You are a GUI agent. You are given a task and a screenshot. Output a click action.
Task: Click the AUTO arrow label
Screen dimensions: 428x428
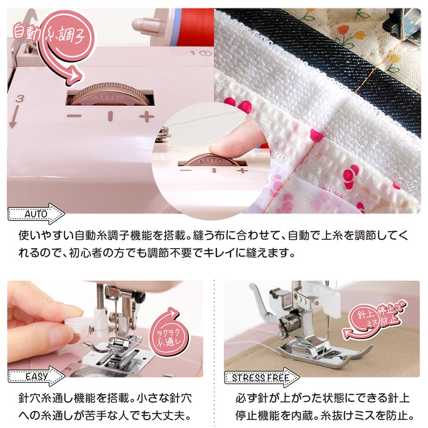[x=36, y=214]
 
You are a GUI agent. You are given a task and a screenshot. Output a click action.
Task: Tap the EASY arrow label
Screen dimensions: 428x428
[x=36, y=377]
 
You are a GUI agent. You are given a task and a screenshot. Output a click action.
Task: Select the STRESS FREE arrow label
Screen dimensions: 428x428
[x=262, y=378]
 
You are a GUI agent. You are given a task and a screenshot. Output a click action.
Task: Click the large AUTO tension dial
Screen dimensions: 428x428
[x=110, y=94]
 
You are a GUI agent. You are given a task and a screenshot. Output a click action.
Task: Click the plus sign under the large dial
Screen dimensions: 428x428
[x=147, y=117]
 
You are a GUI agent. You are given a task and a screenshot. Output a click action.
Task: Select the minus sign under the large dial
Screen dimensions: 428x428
[x=74, y=116]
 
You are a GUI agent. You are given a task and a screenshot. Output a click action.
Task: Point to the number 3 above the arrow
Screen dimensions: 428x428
[x=19, y=98]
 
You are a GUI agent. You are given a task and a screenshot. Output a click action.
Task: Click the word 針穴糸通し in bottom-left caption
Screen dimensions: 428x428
[x=46, y=398]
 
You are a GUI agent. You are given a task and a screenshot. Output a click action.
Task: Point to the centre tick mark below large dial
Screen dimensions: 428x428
[x=110, y=116]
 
